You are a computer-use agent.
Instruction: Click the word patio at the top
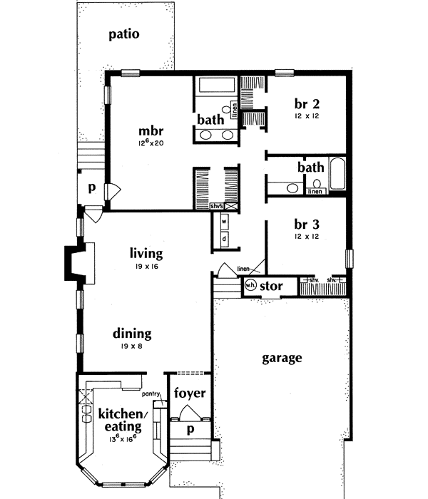tap(123, 34)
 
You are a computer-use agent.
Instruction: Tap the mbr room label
tap(152, 131)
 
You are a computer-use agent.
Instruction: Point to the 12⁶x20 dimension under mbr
tap(152, 143)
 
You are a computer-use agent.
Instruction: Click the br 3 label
tap(305, 221)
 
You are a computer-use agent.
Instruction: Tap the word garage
tap(281, 358)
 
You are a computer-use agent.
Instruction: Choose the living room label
tap(146, 253)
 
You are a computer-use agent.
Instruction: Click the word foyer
tap(190, 393)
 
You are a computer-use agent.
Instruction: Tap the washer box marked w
tap(223, 221)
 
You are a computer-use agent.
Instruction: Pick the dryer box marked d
tap(223, 238)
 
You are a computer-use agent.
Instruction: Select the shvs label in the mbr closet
tap(217, 206)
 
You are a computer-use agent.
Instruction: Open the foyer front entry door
tap(190, 413)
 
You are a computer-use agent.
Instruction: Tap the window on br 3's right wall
tap(349, 259)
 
